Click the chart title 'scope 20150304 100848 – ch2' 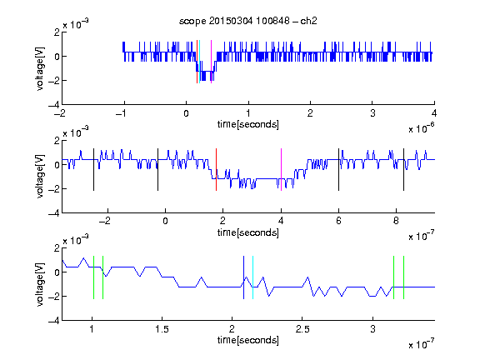coord(248,21)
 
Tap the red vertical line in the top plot coord(197,62)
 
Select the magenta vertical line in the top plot coord(211,62)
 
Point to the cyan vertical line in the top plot coord(200,62)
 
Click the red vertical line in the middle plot coord(216,170)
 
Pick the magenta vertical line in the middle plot coord(281,170)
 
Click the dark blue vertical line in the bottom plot coord(243,277)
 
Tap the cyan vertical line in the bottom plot coord(252,277)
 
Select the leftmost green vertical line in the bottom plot coord(93,277)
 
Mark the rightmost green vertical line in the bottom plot coord(404,277)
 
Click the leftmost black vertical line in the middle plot coord(93,170)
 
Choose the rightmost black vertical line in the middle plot coord(403,170)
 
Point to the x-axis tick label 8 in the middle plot coord(396,221)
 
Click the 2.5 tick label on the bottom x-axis coord(302,329)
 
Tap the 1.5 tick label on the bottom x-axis coord(162,329)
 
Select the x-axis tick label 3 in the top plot coord(372,113)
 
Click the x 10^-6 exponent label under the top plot coord(421,128)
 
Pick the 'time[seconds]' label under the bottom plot coord(248,340)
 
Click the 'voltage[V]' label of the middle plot coord(40,176)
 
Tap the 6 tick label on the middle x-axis coord(338,221)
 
